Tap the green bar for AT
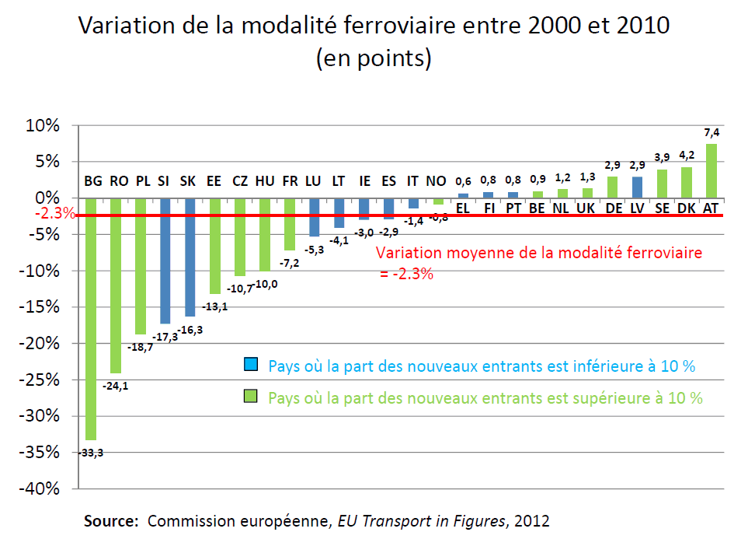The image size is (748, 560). [711, 171]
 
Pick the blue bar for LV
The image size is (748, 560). [638, 187]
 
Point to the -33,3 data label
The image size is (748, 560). [90, 453]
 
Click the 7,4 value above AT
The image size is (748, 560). [711, 133]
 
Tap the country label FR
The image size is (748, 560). [289, 181]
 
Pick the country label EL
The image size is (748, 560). [463, 208]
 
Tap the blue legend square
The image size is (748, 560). [250, 366]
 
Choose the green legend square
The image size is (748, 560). [250, 397]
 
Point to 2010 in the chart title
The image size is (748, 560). [633, 26]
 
